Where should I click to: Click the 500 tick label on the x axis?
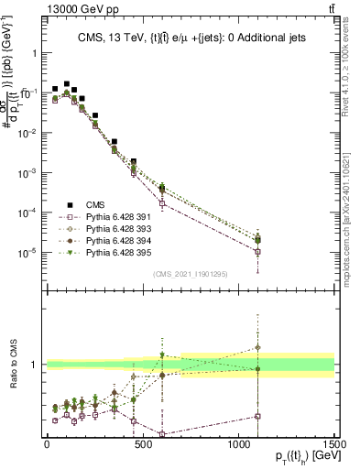pos(143,444)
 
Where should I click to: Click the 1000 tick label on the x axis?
pos(238,444)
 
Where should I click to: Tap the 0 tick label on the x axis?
pos(47,444)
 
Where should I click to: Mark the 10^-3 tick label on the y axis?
pos(27,172)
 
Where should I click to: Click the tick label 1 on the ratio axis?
pos(35,365)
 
